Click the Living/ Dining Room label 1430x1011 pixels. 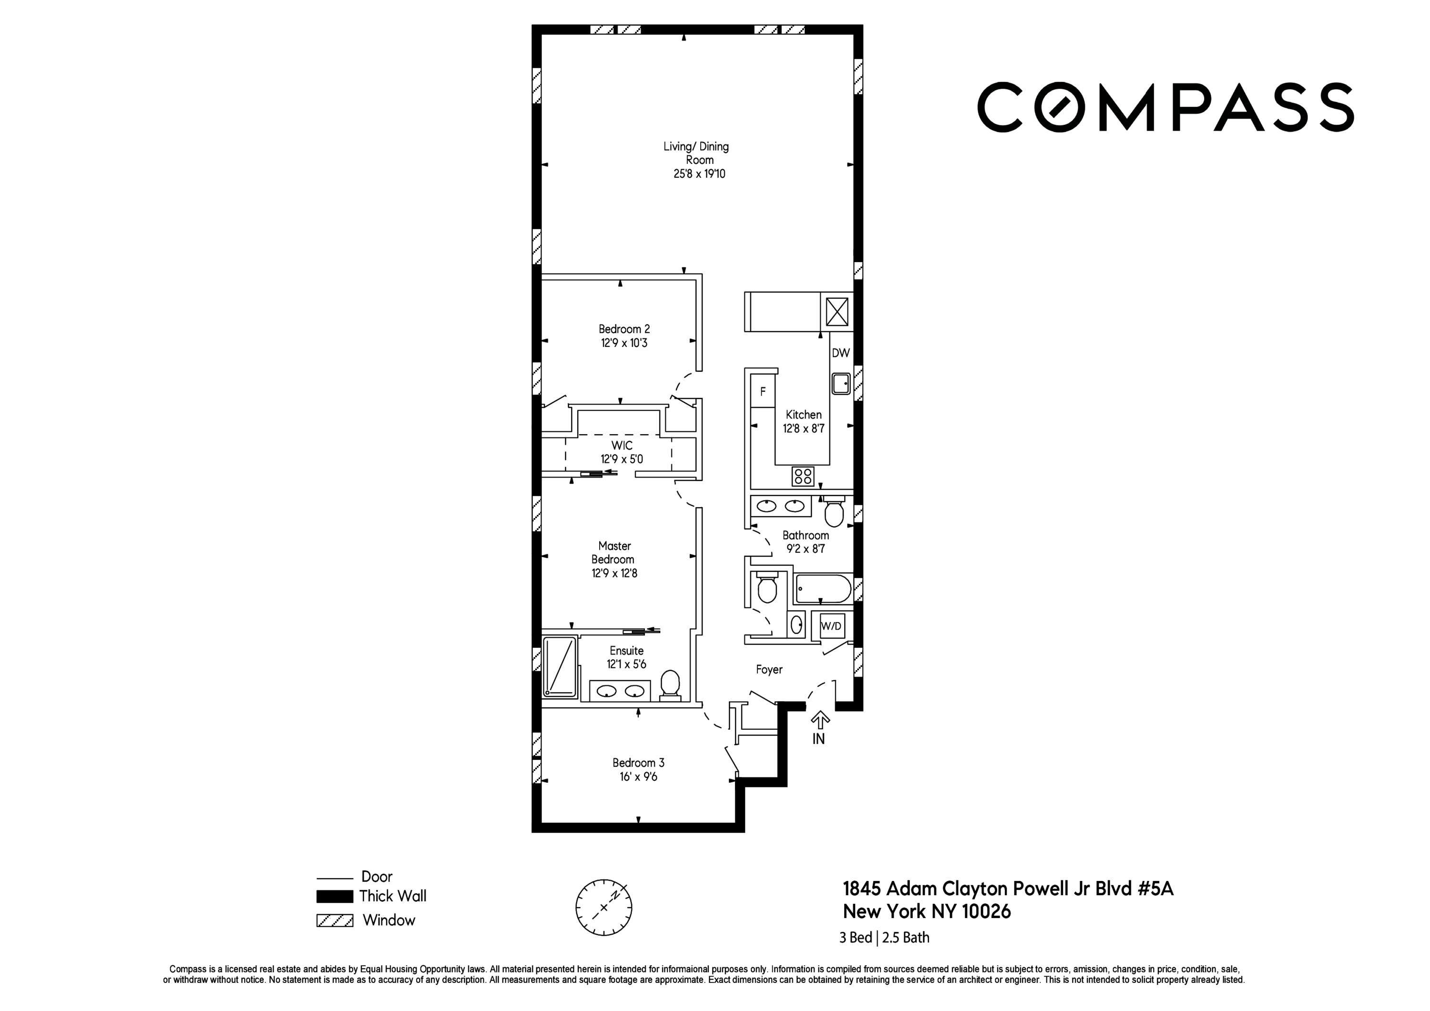click(x=696, y=153)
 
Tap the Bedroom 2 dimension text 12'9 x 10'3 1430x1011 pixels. click(x=624, y=343)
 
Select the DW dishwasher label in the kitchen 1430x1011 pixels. click(x=840, y=353)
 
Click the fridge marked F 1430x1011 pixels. click(x=762, y=392)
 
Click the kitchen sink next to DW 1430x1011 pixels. click(x=841, y=383)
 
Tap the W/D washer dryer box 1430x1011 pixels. click(x=831, y=626)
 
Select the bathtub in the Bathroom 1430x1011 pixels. click(x=823, y=589)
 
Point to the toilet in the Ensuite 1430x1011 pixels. click(x=670, y=684)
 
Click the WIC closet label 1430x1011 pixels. click(x=622, y=445)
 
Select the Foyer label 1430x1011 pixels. click(x=768, y=670)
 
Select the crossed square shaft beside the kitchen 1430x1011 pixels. click(x=837, y=311)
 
